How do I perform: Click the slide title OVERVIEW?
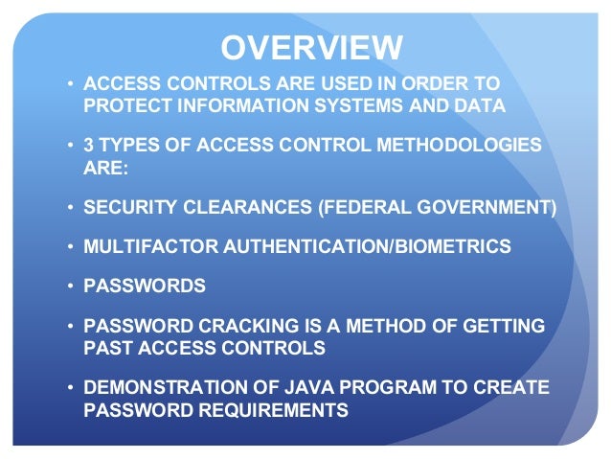(311, 48)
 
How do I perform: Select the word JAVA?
(308, 388)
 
